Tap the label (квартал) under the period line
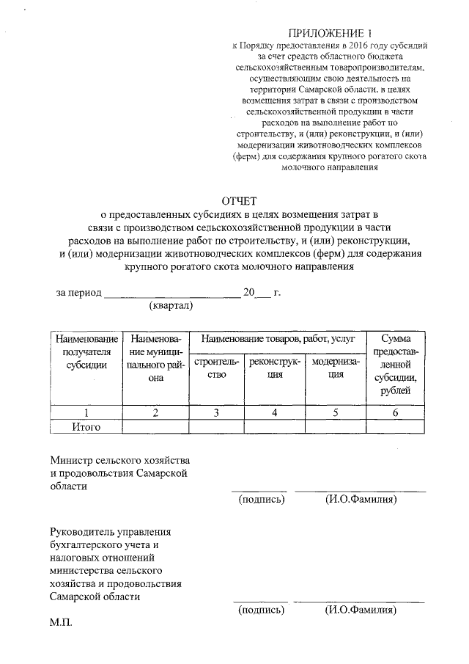click(171, 305)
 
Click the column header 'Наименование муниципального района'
click(155, 358)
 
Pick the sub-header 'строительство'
click(216, 368)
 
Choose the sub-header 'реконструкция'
click(274, 368)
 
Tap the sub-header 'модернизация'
click(335, 368)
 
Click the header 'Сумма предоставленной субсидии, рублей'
click(395, 364)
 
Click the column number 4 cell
click(274, 412)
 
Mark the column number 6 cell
click(395, 412)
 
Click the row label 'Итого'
click(86, 426)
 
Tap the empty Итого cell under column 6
click(395, 426)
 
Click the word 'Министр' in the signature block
click(71, 459)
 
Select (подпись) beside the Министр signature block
click(262, 500)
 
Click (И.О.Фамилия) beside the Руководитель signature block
click(361, 610)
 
